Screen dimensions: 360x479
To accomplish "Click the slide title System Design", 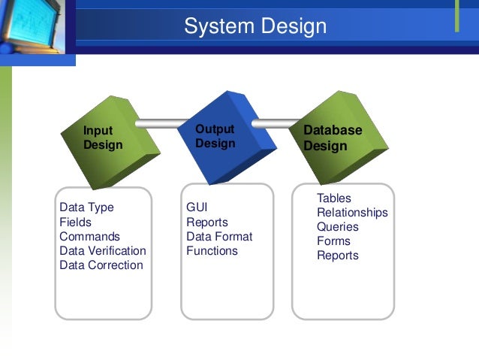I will click(x=255, y=27).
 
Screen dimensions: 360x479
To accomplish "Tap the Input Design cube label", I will click(x=103, y=138).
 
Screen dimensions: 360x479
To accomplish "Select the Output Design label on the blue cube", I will click(x=215, y=136).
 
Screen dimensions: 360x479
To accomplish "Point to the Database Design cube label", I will click(x=333, y=138).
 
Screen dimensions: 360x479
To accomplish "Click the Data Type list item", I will click(x=86, y=207).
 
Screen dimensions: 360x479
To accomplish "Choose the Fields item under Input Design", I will click(x=75, y=222).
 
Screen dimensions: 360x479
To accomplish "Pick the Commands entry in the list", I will click(x=89, y=236).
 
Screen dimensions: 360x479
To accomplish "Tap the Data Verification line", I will click(x=103, y=250).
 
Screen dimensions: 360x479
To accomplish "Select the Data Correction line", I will click(x=101, y=265).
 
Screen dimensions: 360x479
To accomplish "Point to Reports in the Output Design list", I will click(x=207, y=222).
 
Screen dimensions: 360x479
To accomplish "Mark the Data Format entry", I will click(x=219, y=236).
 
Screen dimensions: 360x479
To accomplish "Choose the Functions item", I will click(x=212, y=250).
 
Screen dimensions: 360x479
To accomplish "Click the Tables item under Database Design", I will click(x=334, y=198).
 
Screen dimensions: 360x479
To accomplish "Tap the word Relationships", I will click(x=352, y=212).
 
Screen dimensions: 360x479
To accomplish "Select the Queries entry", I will click(x=338, y=226).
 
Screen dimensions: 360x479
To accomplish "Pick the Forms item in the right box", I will click(x=333, y=241).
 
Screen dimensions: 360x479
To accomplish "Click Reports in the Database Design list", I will click(x=338, y=255).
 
